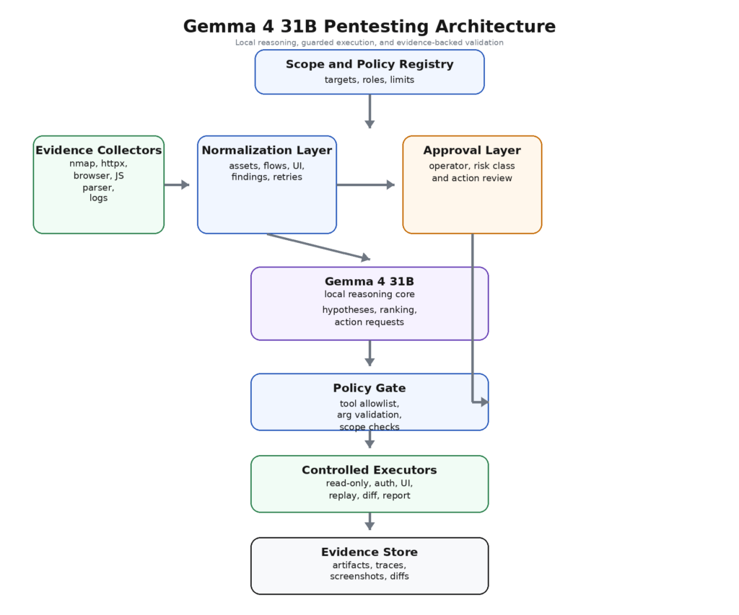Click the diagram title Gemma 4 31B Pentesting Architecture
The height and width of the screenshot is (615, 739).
(x=369, y=27)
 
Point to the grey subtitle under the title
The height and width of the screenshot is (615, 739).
(x=369, y=43)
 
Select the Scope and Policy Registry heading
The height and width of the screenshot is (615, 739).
(x=369, y=64)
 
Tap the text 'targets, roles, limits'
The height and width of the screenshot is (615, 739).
(x=369, y=80)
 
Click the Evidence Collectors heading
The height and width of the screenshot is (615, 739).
(x=98, y=151)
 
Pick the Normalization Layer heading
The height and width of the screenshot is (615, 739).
(x=266, y=151)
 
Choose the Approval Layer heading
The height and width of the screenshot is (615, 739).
(x=471, y=151)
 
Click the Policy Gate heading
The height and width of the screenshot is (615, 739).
(x=369, y=388)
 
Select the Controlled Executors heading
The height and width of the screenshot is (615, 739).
(x=369, y=470)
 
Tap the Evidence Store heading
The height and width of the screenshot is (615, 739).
(x=369, y=552)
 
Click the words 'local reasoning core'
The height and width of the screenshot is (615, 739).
(x=369, y=294)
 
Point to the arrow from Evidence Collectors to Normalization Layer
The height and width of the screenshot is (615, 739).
(x=176, y=185)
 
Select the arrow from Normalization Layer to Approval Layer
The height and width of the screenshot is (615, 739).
(x=365, y=185)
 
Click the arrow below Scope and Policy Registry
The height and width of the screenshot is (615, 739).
(x=369, y=111)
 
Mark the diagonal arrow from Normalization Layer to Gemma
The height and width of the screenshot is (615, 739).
(x=318, y=246)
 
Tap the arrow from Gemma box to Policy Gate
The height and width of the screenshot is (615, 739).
(x=369, y=353)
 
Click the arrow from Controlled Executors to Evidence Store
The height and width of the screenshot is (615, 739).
(x=369, y=521)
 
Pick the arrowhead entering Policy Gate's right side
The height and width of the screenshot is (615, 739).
(x=484, y=402)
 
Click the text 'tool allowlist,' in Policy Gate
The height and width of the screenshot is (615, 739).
(x=369, y=404)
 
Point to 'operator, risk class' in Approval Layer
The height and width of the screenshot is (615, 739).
(x=471, y=167)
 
